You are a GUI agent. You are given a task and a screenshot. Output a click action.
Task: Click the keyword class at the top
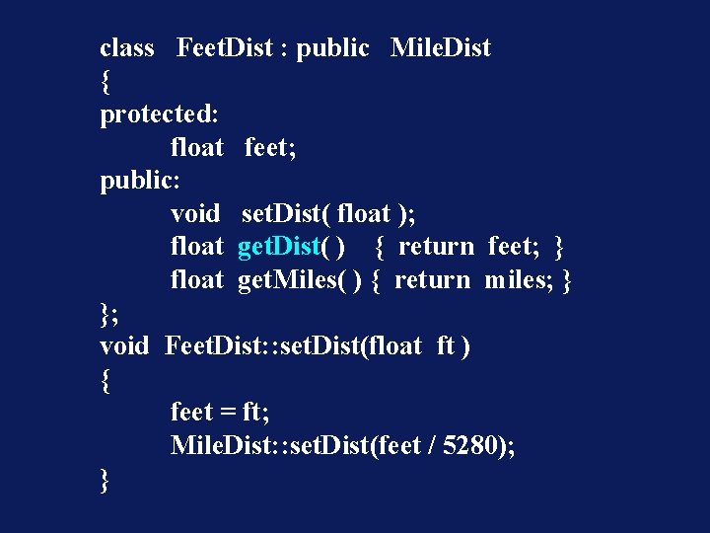[127, 47]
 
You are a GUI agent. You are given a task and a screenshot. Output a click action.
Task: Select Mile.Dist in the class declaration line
[440, 47]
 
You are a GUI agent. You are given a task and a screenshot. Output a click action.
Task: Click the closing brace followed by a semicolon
[108, 314]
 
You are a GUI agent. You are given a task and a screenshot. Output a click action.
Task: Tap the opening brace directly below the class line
[106, 81]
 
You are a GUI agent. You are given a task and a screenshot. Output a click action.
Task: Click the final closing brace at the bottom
[106, 481]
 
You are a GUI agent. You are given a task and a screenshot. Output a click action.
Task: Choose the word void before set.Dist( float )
[195, 213]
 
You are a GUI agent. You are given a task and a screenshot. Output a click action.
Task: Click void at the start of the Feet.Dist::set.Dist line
[124, 346]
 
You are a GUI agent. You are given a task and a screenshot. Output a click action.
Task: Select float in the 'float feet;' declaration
[197, 147]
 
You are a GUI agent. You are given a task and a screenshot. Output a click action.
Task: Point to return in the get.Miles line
[432, 280]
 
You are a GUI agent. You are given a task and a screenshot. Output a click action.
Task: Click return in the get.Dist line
[436, 247]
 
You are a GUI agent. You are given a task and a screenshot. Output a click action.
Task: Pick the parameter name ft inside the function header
[446, 346]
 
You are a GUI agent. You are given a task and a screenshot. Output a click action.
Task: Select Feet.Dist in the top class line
[224, 47]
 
